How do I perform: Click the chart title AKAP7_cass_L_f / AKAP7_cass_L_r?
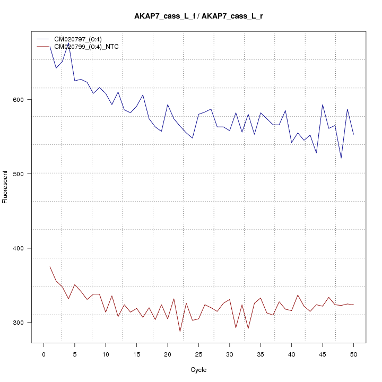[x=198, y=16]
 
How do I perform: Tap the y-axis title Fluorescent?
[x=5, y=187]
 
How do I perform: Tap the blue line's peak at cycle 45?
[x=323, y=105]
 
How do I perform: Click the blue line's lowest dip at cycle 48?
[x=341, y=158]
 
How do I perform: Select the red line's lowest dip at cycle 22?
[x=180, y=332]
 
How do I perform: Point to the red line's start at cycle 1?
[x=50, y=267]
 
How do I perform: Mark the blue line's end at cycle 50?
[x=353, y=134]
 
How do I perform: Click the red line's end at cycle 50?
[x=353, y=305]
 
